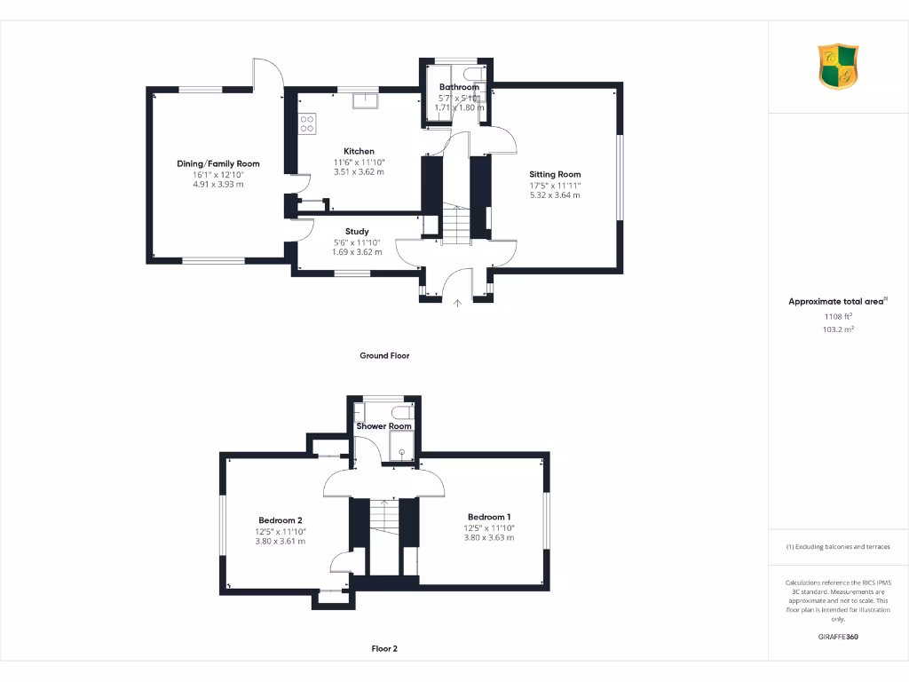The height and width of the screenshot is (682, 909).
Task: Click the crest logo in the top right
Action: point(838,67)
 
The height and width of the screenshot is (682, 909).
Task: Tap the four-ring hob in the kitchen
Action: point(308,124)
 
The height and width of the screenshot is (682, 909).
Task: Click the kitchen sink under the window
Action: point(364,100)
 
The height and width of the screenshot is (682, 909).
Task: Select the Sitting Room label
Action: point(555,174)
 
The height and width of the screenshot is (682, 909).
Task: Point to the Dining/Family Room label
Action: point(218,163)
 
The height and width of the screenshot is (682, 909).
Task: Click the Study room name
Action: point(357,232)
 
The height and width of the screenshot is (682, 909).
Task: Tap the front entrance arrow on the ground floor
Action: point(458,304)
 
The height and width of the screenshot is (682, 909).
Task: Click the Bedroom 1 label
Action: point(489,517)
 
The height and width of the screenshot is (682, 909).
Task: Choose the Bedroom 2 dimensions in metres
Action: point(281,541)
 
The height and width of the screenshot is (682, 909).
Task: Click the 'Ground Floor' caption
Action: point(384,355)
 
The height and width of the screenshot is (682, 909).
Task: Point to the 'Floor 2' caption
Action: point(384,648)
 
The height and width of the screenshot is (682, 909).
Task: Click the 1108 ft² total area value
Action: point(837,315)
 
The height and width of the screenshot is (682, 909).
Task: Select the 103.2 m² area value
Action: point(837,329)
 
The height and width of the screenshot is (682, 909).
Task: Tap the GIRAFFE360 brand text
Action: point(837,637)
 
